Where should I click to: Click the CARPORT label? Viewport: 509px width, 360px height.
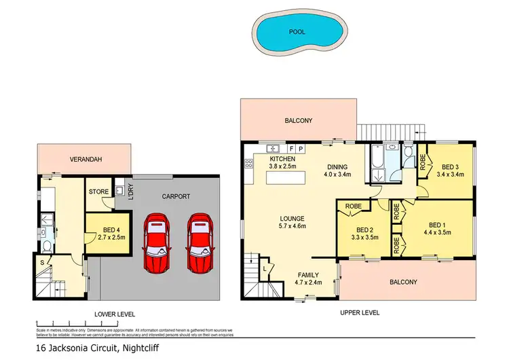175,196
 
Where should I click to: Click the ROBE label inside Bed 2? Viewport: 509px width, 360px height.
353,204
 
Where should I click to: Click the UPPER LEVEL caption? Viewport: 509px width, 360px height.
359,312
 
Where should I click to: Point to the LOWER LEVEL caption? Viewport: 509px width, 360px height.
115,314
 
